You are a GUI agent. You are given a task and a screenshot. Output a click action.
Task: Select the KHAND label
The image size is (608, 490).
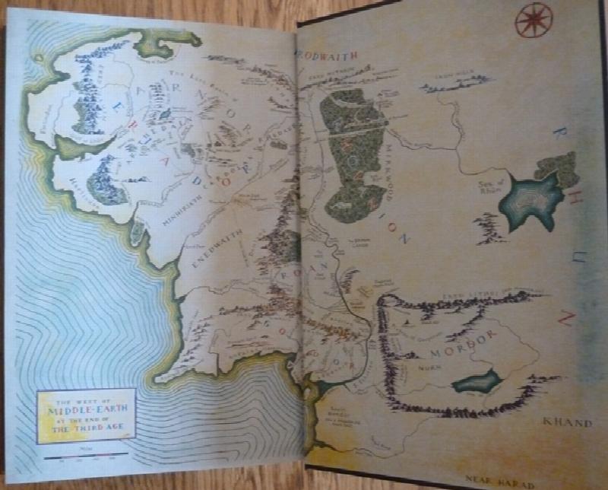click(x=566, y=422)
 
